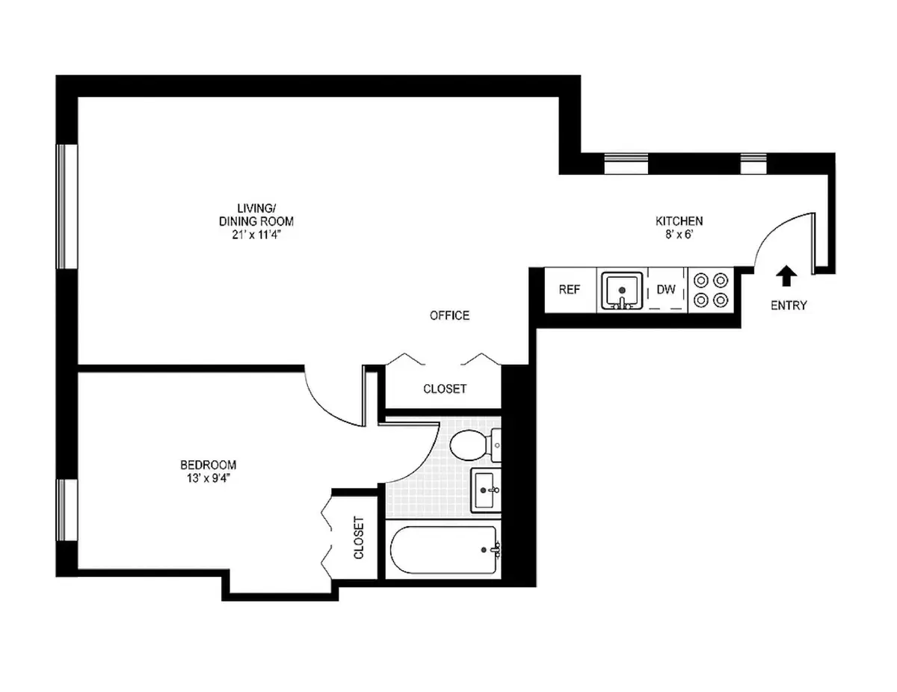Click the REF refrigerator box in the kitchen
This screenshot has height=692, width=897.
pyautogui.click(x=570, y=290)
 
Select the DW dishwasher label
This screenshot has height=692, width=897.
pyautogui.click(x=666, y=290)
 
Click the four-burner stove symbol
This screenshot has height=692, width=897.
pyautogui.click(x=711, y=290)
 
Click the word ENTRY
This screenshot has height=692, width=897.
pyautogui.click(x=789, y=305)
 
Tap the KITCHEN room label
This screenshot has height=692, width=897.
pyautogui.click(x=679, y=220)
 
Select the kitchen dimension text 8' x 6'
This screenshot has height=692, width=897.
pyautogui.click(x=679, y=234)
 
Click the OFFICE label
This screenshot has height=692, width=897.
pyautogui.click(x=449, y=315)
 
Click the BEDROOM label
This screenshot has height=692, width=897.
pyautogui.click(x=198, y=465)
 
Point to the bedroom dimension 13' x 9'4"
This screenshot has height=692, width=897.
pyautogui.click(x=198, y=478)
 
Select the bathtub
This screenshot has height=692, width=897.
pyautogui.click(x=444, y=550)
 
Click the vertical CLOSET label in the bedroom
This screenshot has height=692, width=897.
pyautogui.click(x=358, y=538)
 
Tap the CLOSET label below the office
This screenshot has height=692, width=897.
pyautogui.click(x=445, y=389)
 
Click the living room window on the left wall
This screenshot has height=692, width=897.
pyautogui.click(x=67, y=206)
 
